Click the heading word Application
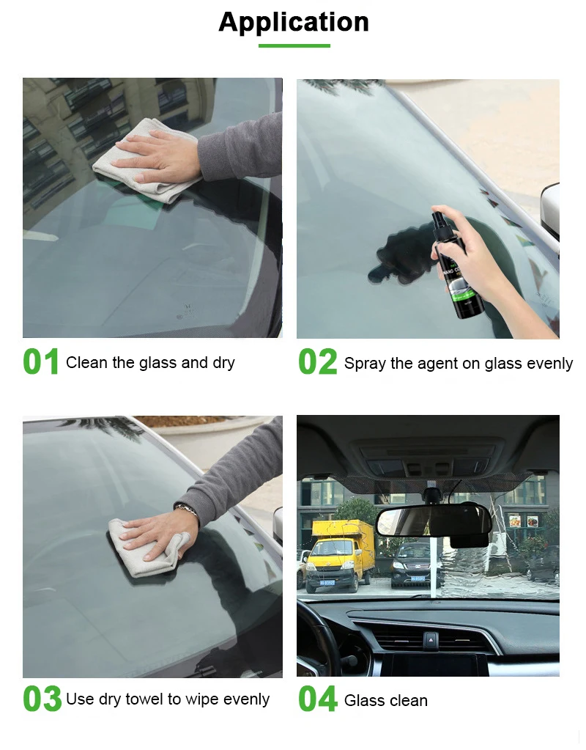pyautogui.click(x=294, y=23)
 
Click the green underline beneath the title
pyautogui.click(x=294, y=46)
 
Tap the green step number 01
pyautogui.click(x=41, y=363)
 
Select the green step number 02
pyautogui.click(x=317, y=363)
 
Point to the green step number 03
pyautogui.click(x=42, y=699)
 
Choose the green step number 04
pyautogui.click(x=317, y=699)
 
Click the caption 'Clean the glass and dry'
pyautogui.click(x=150, y=363)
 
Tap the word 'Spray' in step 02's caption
pyautogui.click(x=364, y=364)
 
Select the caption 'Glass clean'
pyautogui.click(x=386, y=701)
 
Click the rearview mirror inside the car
pyautogui.click(x=432, y=521)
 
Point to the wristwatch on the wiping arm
pyautogui.click(x=187, y=509)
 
